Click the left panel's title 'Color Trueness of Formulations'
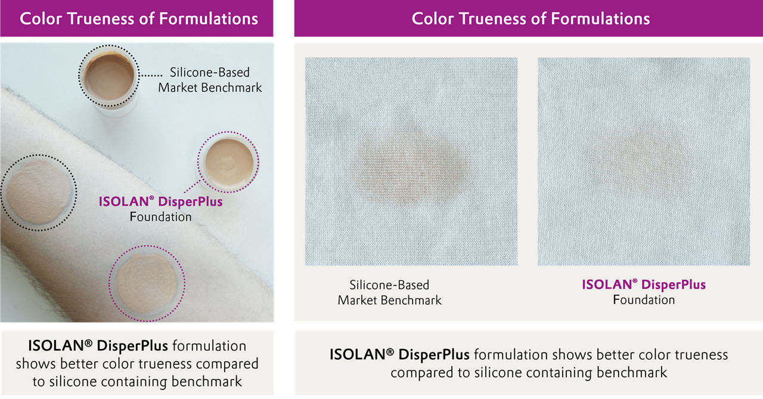pos(139,18)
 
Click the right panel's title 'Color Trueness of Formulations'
pos(531,18)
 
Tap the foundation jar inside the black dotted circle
pos(109,78)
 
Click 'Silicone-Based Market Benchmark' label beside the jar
pos(210,80)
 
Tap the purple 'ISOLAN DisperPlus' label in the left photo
pos(160,202)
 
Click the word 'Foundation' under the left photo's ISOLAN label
pos(160,216)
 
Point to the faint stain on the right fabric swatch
pos(638,161)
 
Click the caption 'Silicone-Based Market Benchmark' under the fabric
pos(389,292)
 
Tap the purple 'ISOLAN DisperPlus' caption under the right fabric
pos(644,284)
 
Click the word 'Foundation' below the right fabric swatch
pos(644,299)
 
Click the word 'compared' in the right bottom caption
pos(419,373)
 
